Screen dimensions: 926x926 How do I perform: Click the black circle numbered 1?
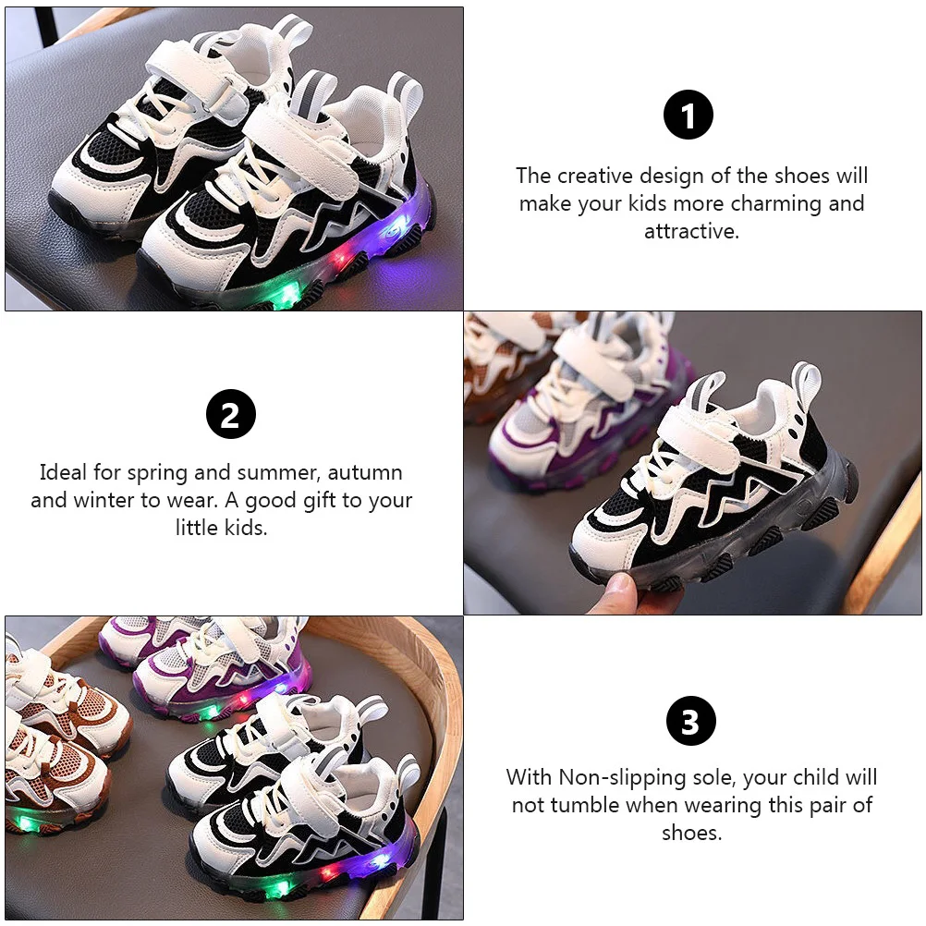[688, 116]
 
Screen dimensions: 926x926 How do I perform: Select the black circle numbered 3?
[690, 722]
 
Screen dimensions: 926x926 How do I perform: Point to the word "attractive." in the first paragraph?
[692, 231]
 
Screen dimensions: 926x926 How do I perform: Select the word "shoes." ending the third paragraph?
[691, 833]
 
